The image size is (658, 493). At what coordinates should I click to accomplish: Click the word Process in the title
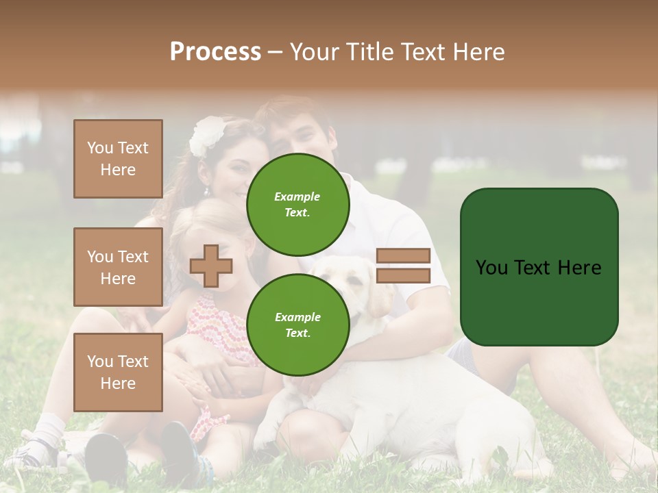(x=215, y=52)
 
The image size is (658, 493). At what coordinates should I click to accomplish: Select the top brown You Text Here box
(x=118, y=159)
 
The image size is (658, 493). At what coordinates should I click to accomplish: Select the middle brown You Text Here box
(x=118, y=267)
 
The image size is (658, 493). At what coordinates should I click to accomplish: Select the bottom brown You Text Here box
(x=118, y=372)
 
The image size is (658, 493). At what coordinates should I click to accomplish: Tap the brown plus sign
(x=211, y=266)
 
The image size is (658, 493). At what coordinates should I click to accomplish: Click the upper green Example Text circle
(x=297, y=204)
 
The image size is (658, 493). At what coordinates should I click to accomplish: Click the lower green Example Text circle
(x=297, y=325)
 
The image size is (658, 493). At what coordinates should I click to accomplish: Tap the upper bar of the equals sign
(x=403, y=255)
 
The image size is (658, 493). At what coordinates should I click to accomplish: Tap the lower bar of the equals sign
(x=403, y=275)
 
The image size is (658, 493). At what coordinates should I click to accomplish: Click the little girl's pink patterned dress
(x=219, y=322)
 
